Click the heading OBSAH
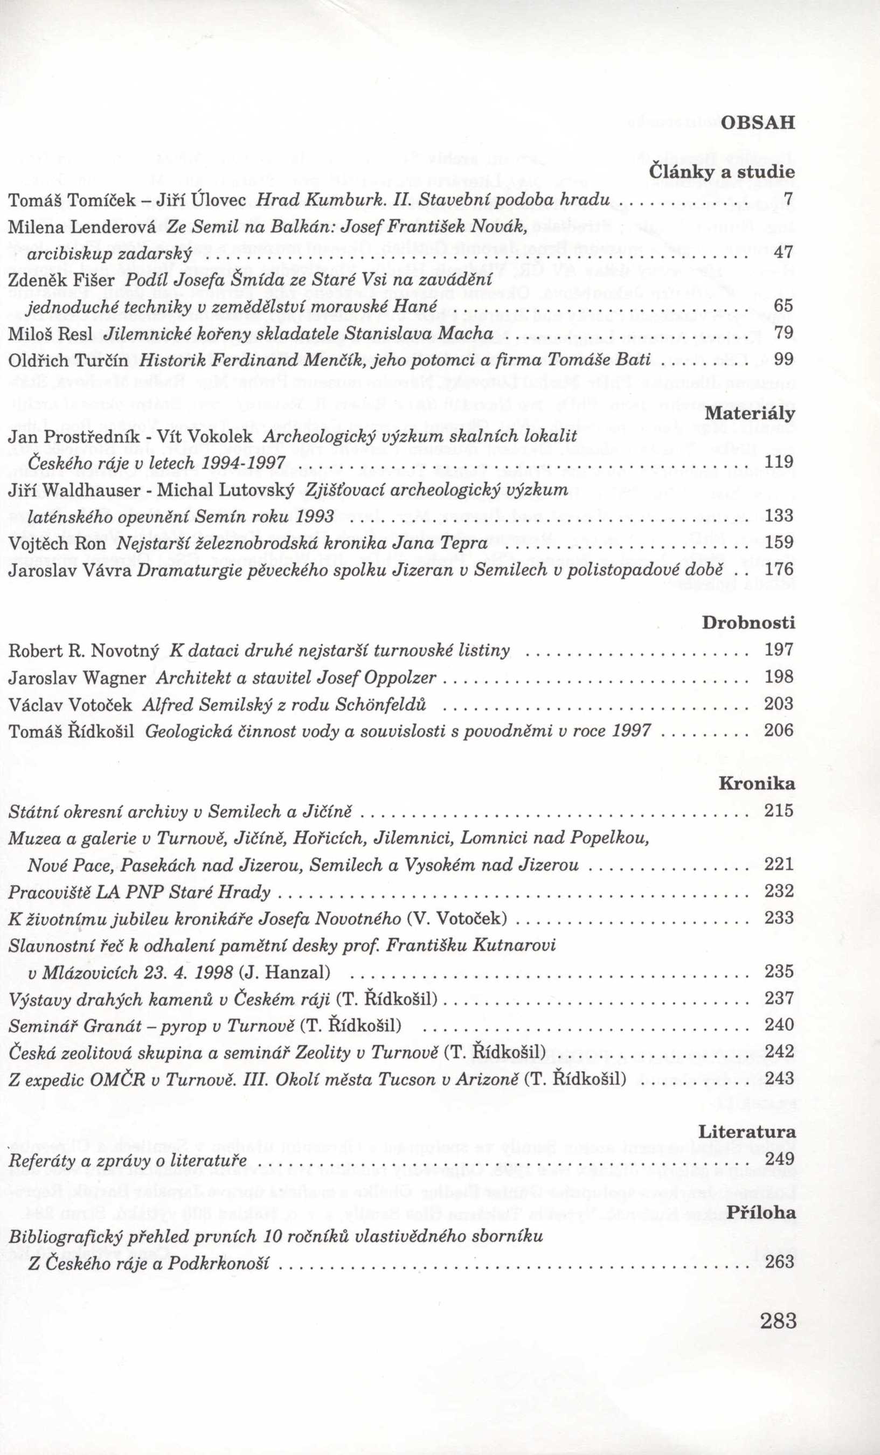[758, 123]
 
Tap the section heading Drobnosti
[749, 622]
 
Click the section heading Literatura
[746, 1131]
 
